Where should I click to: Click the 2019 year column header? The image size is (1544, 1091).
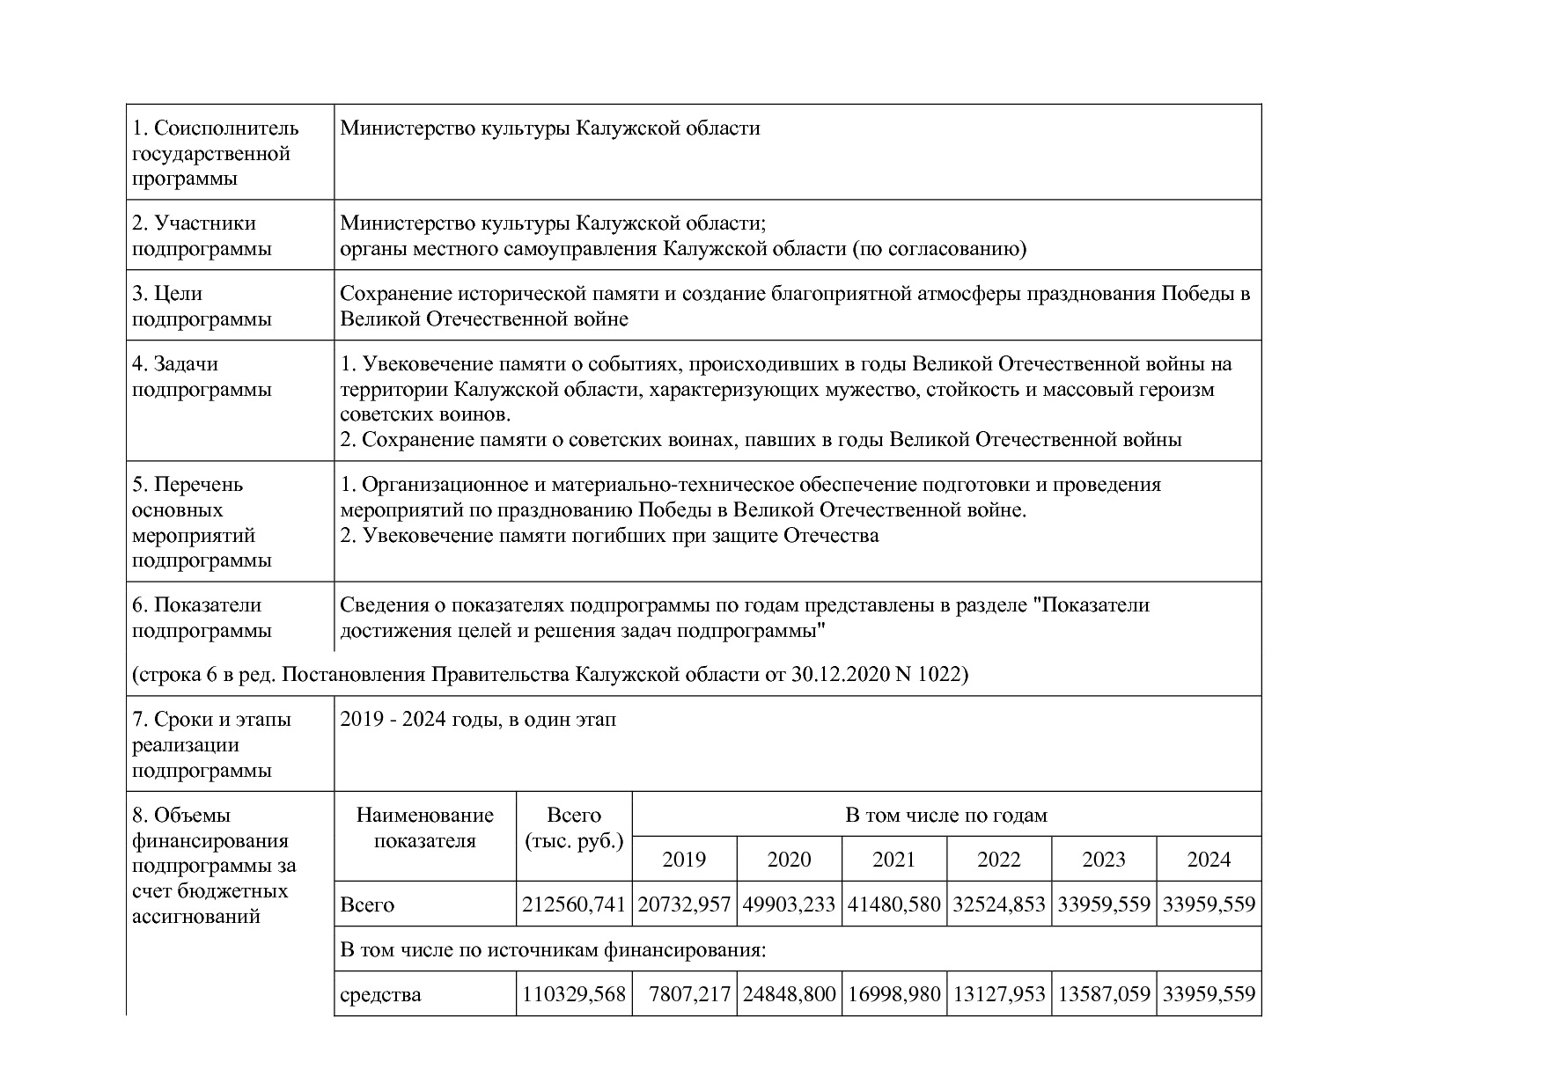pos(684,860)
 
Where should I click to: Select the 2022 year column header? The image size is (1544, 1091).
pos(999,860)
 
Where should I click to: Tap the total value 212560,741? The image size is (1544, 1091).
pos(574,904)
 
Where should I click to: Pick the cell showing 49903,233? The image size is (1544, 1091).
pos(789,904)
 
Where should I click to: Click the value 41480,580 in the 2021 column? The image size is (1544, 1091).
pos(893,904)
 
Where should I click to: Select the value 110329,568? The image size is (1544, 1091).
pos(574,994)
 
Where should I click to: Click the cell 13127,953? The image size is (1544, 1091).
pos(999,994)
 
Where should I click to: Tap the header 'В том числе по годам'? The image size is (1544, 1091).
pos(946,815)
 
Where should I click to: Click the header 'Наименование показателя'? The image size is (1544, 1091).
pos(425,827)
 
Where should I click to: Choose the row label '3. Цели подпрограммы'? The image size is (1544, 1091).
pos(202,305)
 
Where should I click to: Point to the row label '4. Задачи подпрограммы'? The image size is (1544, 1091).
pos(202,376)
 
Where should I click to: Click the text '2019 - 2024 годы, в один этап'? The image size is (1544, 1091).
pos(478,720)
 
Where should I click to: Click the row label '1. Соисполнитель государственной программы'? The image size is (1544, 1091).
pos(216,153)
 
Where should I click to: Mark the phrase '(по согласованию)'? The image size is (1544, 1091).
pos(938,249)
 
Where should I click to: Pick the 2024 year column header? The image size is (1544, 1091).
pos(1209,860)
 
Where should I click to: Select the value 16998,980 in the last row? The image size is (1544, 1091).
pos(893,994)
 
